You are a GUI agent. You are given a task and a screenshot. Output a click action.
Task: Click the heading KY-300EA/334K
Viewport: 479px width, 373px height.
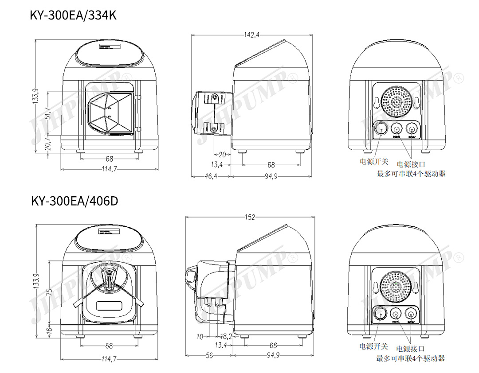pyautogui.click(x=73, y=15)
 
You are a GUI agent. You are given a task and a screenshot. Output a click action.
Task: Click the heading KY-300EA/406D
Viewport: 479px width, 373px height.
pyautogui.click(x=75, y=201)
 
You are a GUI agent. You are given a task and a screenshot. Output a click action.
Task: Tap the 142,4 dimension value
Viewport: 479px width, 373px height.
pyautogui.click(x=251, y=35)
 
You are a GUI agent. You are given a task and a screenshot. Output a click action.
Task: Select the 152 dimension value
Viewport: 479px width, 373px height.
pyautogui.click(x=251, y=217)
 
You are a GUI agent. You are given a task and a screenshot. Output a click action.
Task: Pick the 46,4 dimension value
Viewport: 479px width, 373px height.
pyautogui.click(x=211, y=176)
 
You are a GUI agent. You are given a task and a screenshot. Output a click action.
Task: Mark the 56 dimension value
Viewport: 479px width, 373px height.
pyautogui.click(x=209, y=355)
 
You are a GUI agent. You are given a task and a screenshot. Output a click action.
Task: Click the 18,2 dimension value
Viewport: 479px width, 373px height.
pyautogui.click(x=226, y=337)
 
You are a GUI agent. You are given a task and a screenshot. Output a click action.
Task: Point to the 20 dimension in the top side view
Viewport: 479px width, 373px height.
pyautogui.click(x=222, y=155)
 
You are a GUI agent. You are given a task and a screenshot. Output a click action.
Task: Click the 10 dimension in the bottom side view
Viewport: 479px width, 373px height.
pyautogui.click(x=200, y=337)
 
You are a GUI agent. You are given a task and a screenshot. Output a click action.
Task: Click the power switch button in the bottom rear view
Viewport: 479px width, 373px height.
pyautogui.click(x=380, y=314)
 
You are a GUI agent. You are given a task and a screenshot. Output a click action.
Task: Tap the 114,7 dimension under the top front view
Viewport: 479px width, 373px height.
pyautogui.click(x=109, y=169)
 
